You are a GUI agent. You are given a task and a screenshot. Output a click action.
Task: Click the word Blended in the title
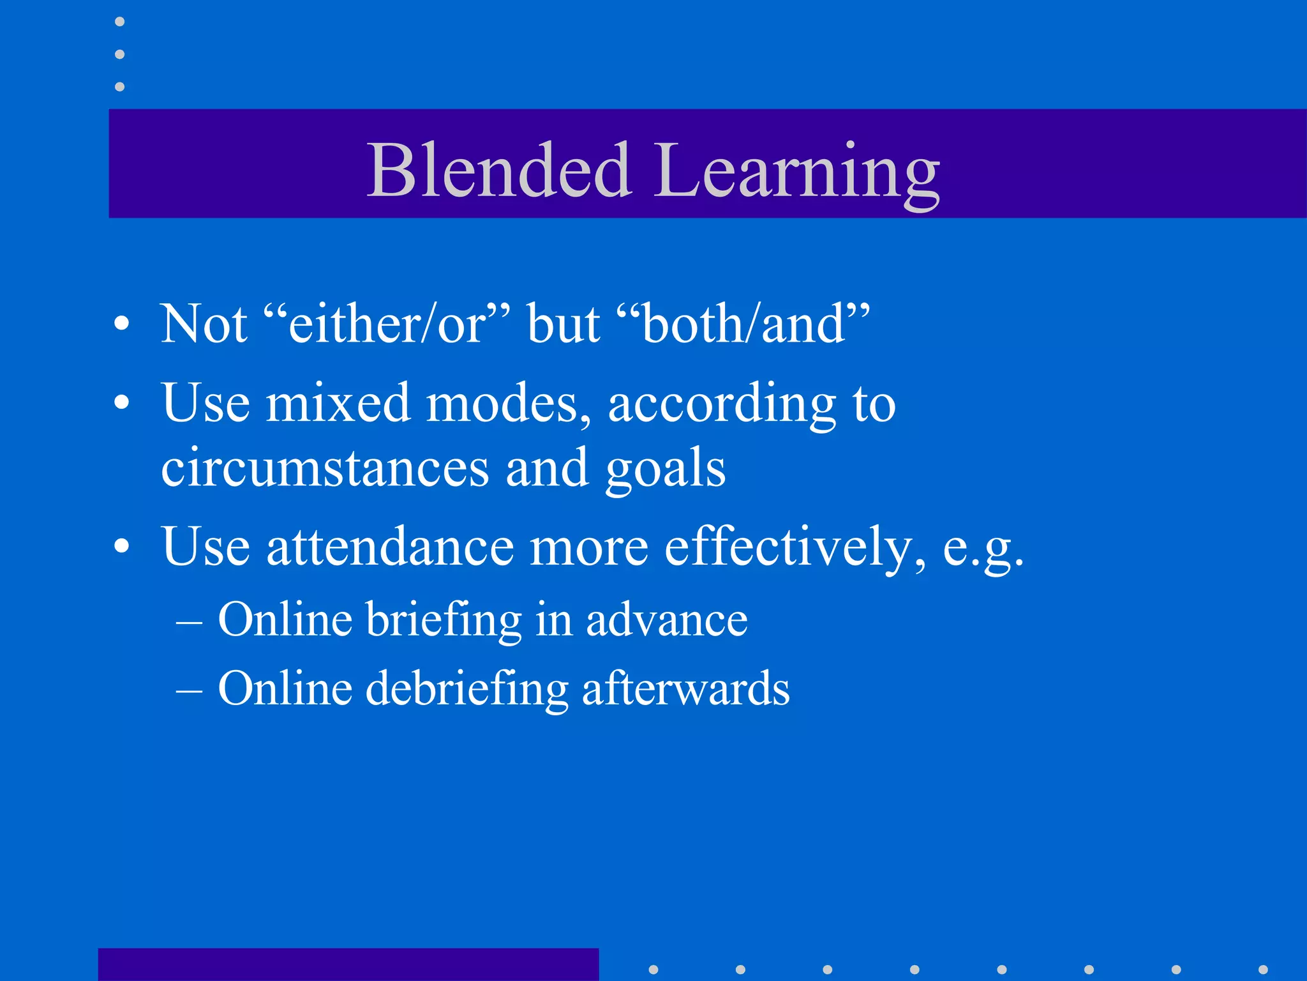[500, 171]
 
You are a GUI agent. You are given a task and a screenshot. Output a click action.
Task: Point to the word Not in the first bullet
[204, 324]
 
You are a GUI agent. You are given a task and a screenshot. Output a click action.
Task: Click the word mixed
[338, 404]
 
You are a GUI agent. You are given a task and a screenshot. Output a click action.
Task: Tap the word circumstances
[325, 468]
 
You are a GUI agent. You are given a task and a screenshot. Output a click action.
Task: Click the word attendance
[390, 547]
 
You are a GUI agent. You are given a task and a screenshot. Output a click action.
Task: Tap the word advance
[666, 620]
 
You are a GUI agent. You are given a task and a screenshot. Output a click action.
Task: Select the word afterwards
[685, 688]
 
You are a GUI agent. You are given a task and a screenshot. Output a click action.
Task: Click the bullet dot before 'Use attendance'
[121, 547]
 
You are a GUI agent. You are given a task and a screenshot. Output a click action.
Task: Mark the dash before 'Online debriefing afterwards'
[189, 690]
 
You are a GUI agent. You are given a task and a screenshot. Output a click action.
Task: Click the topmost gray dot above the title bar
[119, 22]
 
